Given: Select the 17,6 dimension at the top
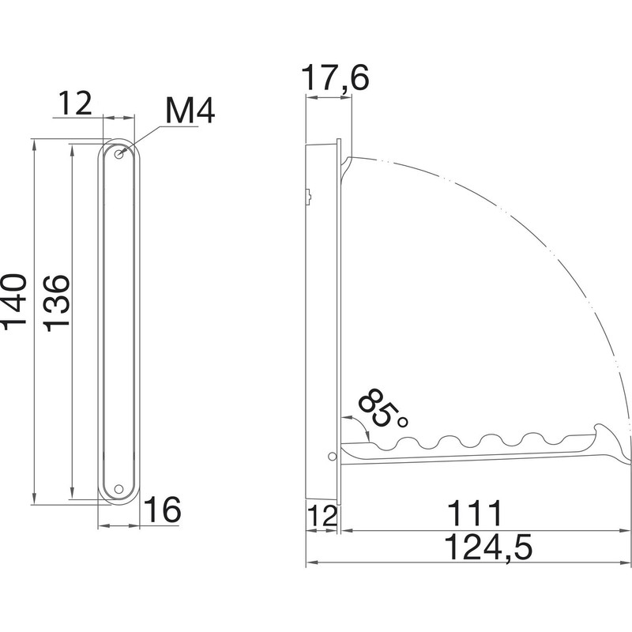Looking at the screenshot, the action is pyautogui.click(x=336, y=81).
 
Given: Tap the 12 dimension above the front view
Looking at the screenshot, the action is pyautogui.click(x=75, y=103).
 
